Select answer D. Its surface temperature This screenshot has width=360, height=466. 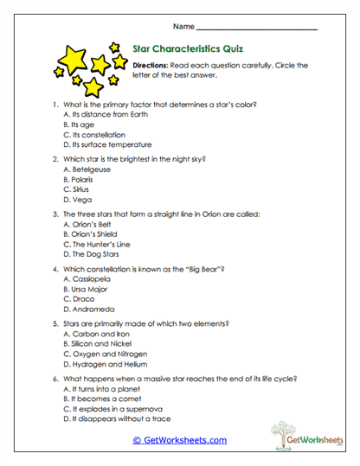[107, 144]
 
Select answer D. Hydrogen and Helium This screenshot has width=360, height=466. [106, 364]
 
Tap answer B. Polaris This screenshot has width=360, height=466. [84, 179]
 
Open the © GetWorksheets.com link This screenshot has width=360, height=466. [179, 440]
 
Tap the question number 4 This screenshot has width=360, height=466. [55, 269]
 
